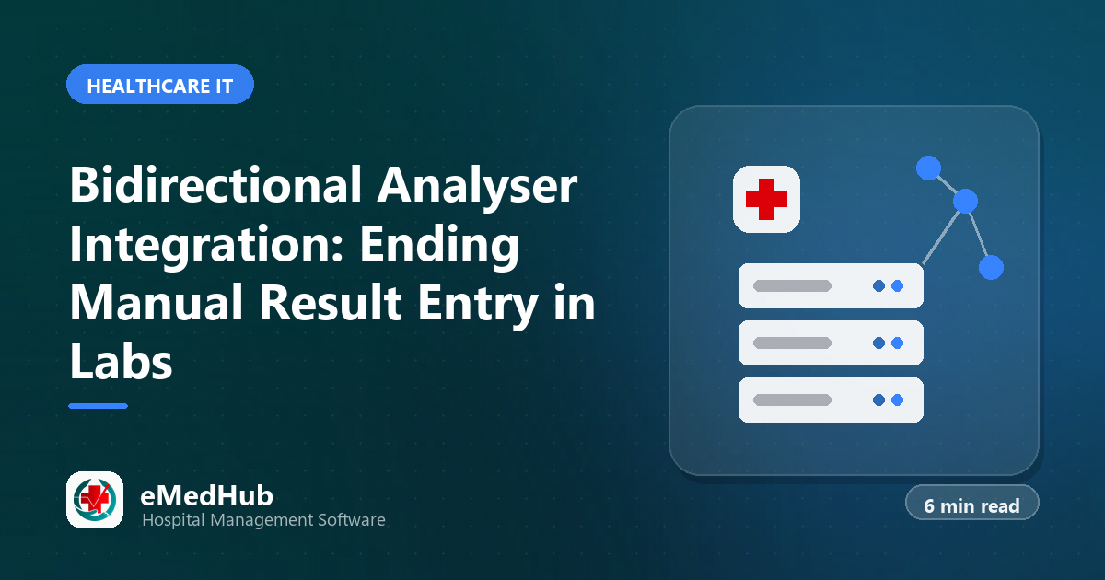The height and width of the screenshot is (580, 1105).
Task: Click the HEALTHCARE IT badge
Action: point(160,85)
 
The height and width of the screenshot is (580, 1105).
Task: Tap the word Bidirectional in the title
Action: point(216,184)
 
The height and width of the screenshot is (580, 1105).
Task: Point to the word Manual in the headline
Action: point(157,302)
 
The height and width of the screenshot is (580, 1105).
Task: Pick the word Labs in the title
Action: point(121,361)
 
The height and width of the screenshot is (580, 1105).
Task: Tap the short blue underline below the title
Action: point(99,406)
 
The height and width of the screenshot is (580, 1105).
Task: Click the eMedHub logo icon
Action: point(95,500)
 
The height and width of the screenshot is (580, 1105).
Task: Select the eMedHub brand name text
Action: point(206,495)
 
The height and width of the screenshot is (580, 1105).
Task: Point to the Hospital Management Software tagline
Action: point(263,520)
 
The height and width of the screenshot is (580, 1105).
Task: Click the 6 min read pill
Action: point(971,503)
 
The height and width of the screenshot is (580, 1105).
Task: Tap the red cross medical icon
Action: point(766,199)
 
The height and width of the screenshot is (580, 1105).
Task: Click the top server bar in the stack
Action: point(831,286)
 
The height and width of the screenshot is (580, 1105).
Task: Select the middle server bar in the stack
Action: point(831,342)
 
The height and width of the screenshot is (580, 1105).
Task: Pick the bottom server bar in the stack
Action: point(831,400)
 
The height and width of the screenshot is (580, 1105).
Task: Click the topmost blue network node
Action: point(928,168)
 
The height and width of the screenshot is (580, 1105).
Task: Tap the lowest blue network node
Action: point(991,267)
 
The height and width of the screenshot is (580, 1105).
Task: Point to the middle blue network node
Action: point(965,202)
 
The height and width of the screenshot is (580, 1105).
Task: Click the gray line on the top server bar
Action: point(792,286)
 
